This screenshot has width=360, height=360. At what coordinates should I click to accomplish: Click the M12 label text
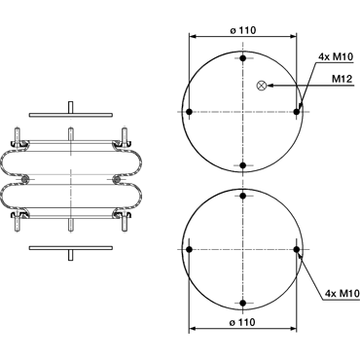(342, 79)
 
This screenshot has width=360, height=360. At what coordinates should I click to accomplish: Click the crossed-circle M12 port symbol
(261, 86)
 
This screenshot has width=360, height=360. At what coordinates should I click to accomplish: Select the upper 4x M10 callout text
(336, 57)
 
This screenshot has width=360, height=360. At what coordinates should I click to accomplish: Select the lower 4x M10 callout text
(342, 294)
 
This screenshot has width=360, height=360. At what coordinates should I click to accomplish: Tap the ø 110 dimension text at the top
(243, 30)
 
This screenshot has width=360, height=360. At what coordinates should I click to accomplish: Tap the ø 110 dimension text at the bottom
(242, 322)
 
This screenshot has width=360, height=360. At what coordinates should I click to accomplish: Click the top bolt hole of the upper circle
(243, 58)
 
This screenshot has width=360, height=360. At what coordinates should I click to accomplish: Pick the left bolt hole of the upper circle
(190, 112)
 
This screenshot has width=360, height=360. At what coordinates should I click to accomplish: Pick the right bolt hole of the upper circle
(297, 112)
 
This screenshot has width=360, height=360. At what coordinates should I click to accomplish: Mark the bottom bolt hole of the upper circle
(243, 165)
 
